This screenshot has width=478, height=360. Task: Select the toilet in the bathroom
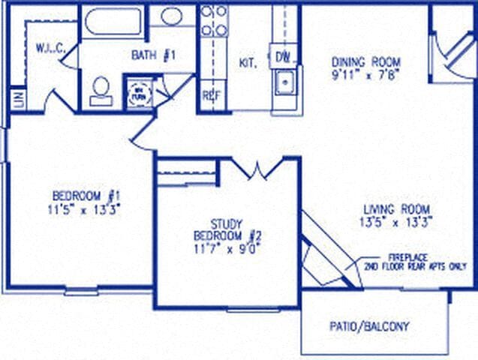click(101, 90)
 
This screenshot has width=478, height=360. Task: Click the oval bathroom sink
click(172, 16)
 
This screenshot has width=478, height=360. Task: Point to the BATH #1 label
click(154, 55)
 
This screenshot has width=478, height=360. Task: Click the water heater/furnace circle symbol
click(140, 94)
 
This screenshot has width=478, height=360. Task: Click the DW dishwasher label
click(283, 56)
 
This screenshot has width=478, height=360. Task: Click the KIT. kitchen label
click(248, 63)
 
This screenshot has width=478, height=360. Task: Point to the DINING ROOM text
click(366, 61)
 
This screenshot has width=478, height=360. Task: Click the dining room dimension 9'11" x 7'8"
click(366, 74)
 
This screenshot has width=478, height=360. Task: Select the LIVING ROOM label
click(396, 208)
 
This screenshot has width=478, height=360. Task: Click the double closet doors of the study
click(257, 169)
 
